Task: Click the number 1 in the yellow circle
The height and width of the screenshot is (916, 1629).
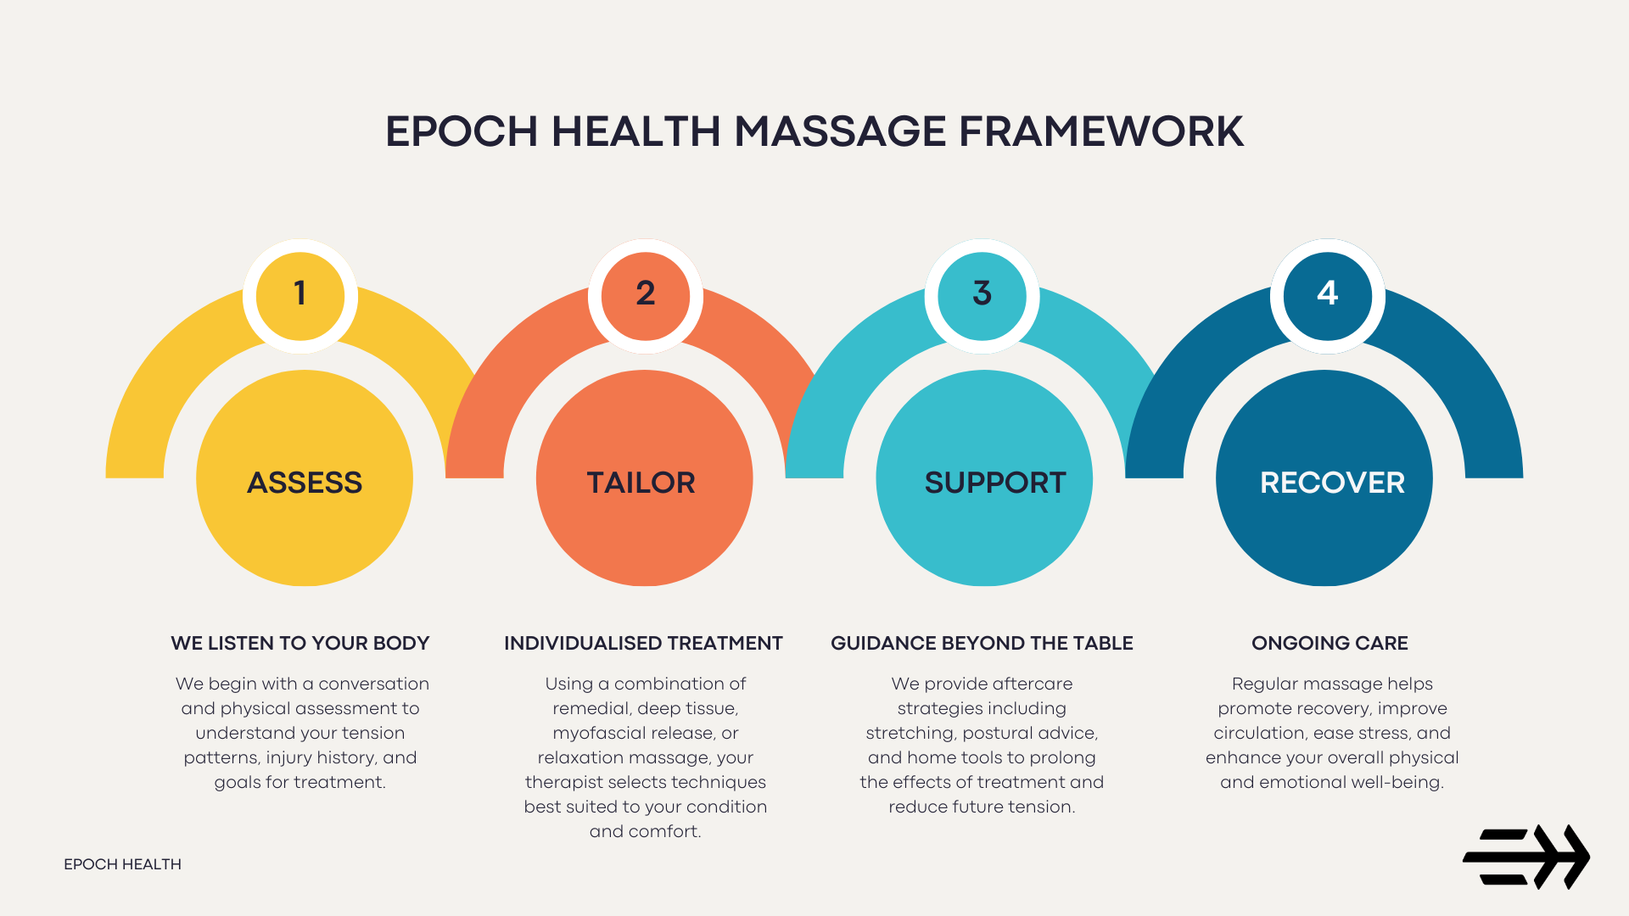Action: pos(299,293)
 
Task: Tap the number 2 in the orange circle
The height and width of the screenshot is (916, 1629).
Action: pos(645,293)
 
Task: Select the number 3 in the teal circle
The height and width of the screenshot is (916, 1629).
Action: pos(982,293)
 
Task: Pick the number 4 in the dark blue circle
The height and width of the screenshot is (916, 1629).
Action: pos(1327,293)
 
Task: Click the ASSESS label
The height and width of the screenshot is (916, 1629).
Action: pos(305,483)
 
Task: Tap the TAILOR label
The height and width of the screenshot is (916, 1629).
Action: pos(641,483)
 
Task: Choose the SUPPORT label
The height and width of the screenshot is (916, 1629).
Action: pos(994,483)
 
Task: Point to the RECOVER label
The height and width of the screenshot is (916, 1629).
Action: pos(1332,483)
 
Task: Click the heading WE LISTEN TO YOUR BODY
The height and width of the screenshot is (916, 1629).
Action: pos(299,643)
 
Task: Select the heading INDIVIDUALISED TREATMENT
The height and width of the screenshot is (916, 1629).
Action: pos(643,643)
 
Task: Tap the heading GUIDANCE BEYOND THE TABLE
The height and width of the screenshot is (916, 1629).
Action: pos(982,643)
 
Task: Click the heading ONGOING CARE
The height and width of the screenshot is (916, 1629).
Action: pos(1330,643)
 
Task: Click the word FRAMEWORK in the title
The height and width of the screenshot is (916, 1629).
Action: pos(1100,131)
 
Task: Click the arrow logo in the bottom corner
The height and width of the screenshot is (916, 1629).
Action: pos(1525,857)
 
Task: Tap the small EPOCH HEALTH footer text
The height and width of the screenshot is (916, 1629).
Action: pos(122,864)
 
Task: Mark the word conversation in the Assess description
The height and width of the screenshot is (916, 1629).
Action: pos(373,684)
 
